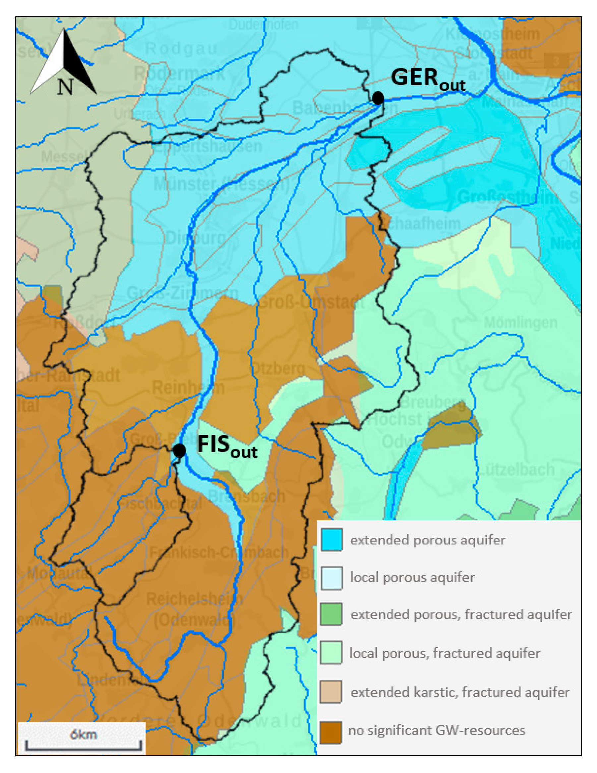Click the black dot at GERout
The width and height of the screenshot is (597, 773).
tap(378, 98)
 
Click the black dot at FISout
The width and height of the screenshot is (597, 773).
tap(179, 451)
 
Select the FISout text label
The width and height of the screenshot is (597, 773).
tap(227, 446)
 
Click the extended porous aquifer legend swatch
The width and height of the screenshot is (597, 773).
tap(331, 540)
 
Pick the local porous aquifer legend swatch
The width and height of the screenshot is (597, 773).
tap(331, 578)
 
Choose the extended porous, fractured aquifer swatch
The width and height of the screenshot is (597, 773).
tap(331, 615)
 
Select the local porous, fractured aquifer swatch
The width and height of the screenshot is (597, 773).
tap(331, 652)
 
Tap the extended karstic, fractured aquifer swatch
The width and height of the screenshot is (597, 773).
tap(331, 691)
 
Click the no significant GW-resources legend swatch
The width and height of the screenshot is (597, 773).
tap(331, 730)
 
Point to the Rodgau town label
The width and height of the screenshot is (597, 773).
tap(181, 48)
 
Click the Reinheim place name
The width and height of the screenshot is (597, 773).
tap(188, 388)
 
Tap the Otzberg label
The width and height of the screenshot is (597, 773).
tap(278, 369)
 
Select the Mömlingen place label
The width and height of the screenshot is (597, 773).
tap(520, 322)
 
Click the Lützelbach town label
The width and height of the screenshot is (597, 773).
tap(516, 469)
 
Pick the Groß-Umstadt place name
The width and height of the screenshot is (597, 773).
tap(311, 303)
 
